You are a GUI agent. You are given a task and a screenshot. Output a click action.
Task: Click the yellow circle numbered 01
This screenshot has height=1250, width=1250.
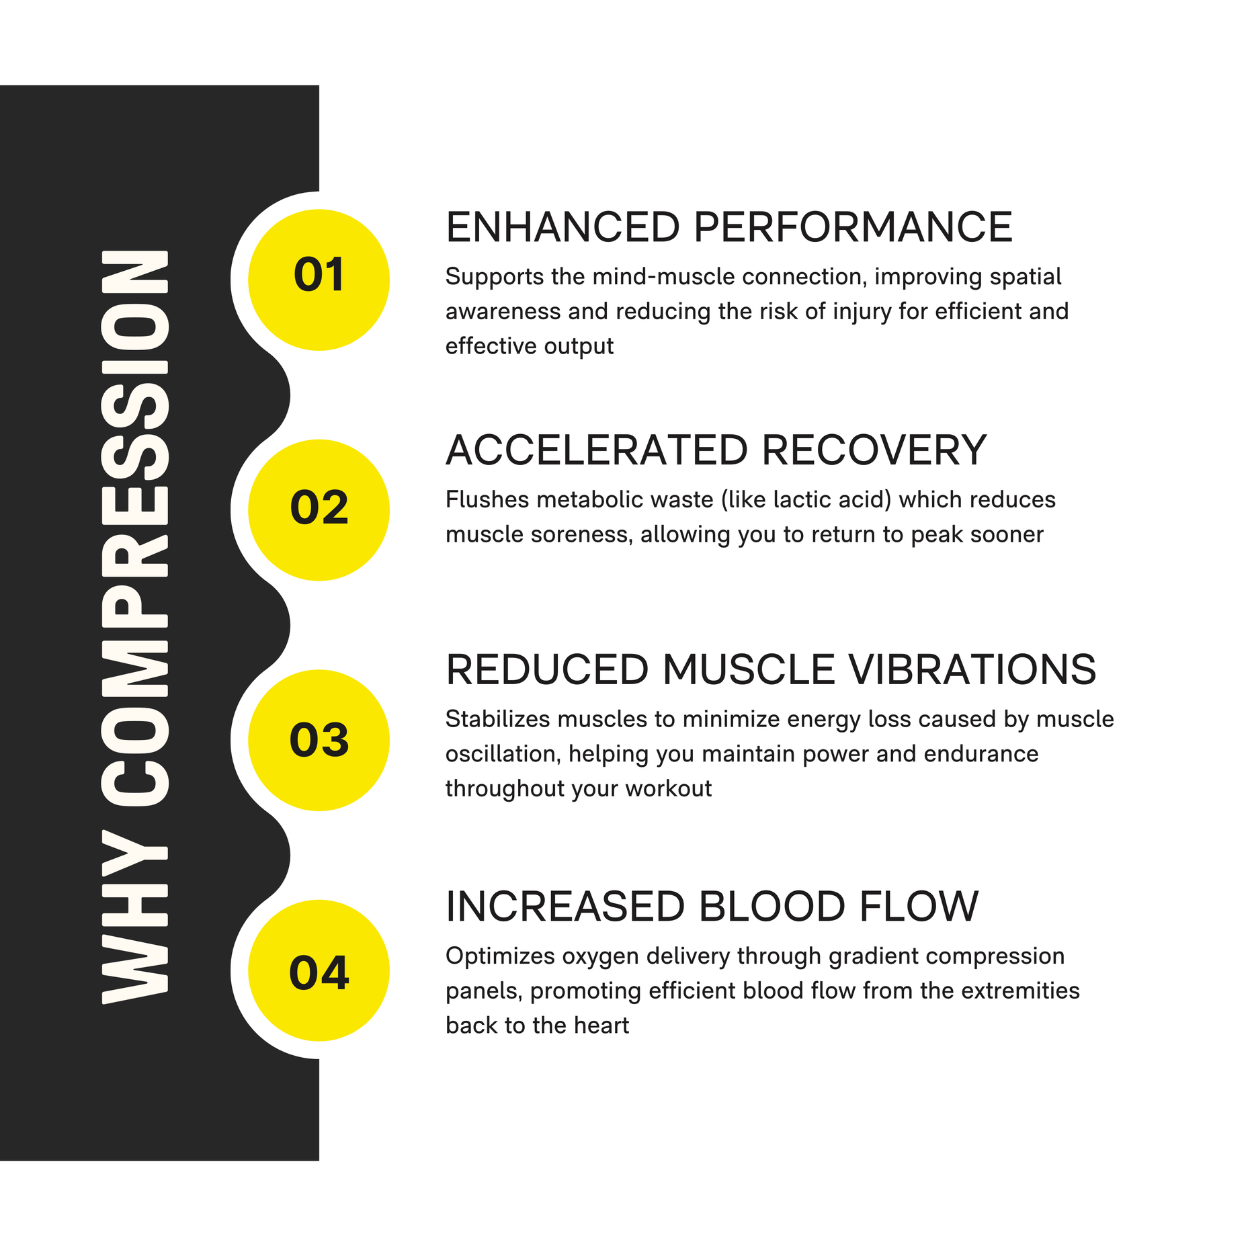click(319, 280)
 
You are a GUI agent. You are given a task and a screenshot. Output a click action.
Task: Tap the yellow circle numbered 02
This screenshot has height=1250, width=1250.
click(319, 510)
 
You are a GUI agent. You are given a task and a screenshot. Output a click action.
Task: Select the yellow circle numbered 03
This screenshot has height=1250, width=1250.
click(319, 740)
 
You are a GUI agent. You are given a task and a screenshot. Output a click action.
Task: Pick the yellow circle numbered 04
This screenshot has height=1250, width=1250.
click(319, 970)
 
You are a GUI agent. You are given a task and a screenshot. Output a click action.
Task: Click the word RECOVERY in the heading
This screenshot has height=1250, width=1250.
click(874, 450)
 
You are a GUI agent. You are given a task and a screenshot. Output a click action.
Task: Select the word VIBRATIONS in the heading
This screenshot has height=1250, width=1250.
click(972, 670)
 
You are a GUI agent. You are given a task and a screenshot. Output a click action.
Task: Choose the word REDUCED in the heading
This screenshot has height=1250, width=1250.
click(547, 670)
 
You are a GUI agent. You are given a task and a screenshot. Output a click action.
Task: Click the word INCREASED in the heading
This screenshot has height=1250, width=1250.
click(565, 907)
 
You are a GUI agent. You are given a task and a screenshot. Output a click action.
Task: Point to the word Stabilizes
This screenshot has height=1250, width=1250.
click(498, 719)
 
